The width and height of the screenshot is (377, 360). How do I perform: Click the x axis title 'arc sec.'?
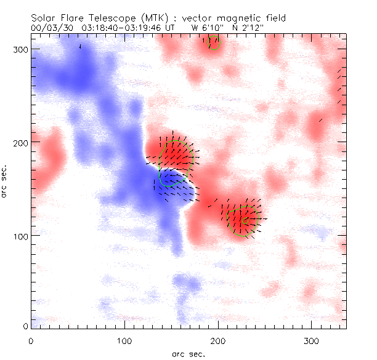[188, 354]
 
